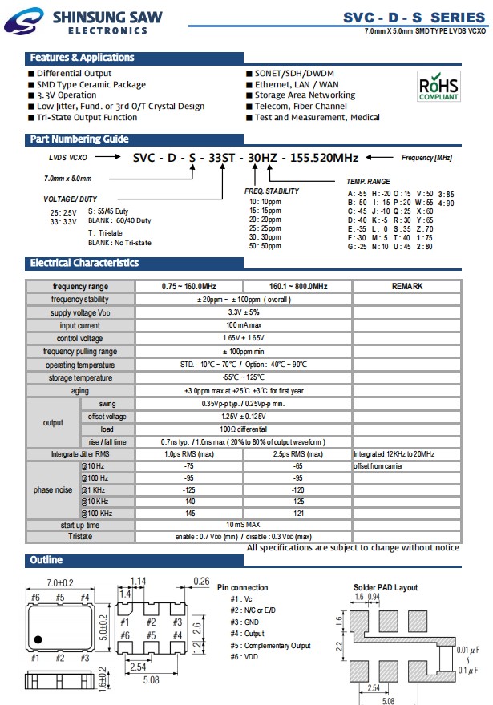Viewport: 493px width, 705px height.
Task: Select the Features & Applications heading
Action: click(82, 58)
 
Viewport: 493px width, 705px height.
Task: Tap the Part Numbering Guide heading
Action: click(79, 139)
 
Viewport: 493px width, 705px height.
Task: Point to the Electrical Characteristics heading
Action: click(84, 263)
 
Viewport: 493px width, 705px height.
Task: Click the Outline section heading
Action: click(46, 560)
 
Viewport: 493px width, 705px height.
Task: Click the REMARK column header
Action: click(407, 286)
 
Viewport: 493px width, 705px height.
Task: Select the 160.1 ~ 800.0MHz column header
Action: click(297, 286)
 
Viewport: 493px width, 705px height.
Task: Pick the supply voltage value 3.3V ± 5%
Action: click(244, 312)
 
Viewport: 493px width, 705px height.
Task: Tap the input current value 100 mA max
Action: click(244, 325)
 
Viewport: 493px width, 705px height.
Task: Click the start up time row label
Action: click(80, 524)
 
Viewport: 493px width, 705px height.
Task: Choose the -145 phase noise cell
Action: click(189, 512)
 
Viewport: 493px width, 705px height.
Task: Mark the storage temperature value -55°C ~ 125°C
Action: click(244, 377)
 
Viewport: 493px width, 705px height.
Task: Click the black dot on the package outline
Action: click(37, 639)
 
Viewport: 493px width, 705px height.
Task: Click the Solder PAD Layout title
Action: click(385, 587)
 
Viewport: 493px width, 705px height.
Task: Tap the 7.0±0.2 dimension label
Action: click(60, 582)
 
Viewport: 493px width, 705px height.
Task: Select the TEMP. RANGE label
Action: click(368, 183)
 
